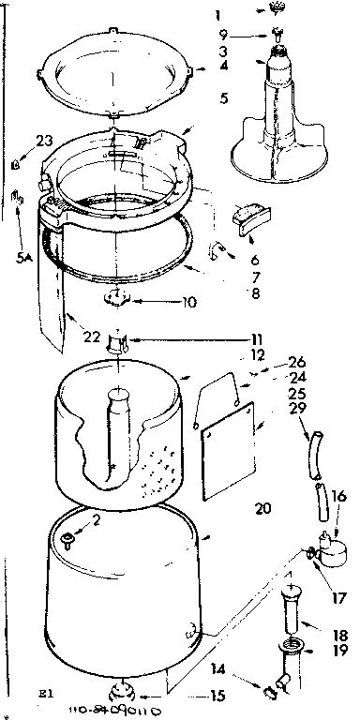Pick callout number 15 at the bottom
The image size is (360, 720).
[218, 697]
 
